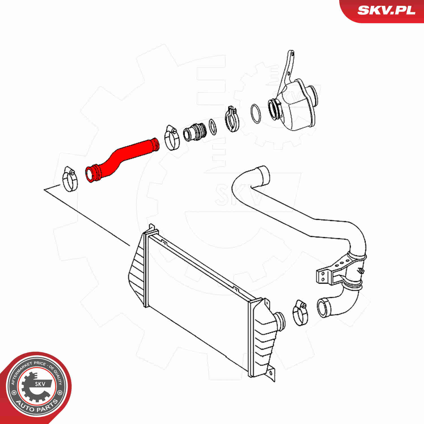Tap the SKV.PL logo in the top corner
[x=386, y=10]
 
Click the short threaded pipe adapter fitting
[x=195, y=132]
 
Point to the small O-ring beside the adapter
[x=213, y=127]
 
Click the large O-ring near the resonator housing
[x=256, y=114]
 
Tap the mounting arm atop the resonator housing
[x=288, y=69]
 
